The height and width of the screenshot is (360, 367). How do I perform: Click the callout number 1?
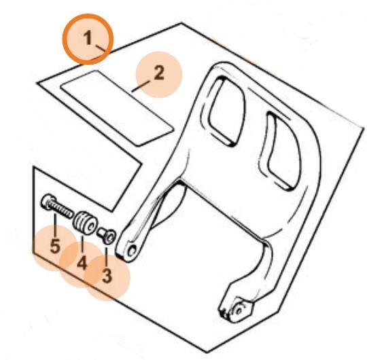(x=88, y=38)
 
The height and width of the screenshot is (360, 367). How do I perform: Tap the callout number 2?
(x=159, y=73)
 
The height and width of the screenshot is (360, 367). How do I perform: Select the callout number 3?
(x=107, y=276)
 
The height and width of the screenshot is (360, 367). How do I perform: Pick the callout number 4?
(x=82, y=263)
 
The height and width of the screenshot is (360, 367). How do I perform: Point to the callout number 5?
(x=55, y=246)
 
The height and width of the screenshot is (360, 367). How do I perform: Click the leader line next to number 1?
(x=101, y=48)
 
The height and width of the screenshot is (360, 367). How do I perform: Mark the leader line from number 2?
(x=141, y=86)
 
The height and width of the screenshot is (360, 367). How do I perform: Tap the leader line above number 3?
(x=107, y=256)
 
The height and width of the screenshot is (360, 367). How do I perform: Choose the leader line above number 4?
(x=82, y=245)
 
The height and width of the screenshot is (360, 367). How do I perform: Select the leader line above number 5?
(x=55, y=225)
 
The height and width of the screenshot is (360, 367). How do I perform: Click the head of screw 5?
(x=48, y=202)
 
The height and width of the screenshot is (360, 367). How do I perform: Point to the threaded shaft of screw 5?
(x=63, y=210)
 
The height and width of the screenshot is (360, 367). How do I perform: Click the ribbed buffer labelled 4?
(x=86, y=223)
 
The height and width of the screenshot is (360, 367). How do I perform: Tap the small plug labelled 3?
(x=107, y=235)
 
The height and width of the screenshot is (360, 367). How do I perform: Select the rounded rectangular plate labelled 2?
(x=117, y=108)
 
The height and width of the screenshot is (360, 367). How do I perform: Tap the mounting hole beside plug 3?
(x=132, y=252)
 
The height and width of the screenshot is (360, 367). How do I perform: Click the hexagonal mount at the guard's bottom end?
(x=241, y=309)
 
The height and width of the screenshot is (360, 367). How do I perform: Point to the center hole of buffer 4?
(x=92, y=226)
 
